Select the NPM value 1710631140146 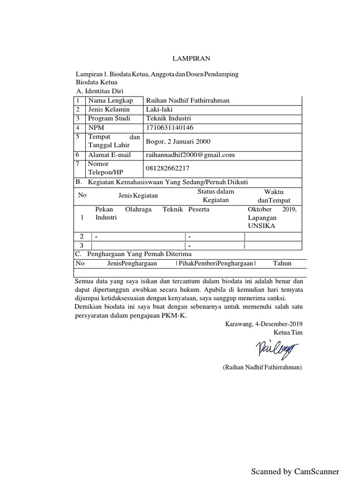170,127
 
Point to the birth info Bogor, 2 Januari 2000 179,141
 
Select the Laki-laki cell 160,109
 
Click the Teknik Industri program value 169,118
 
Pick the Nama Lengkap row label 111,100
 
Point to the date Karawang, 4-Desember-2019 264,324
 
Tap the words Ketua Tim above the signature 291,332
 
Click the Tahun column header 282,263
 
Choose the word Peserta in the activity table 199,210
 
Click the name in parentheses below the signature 262,367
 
